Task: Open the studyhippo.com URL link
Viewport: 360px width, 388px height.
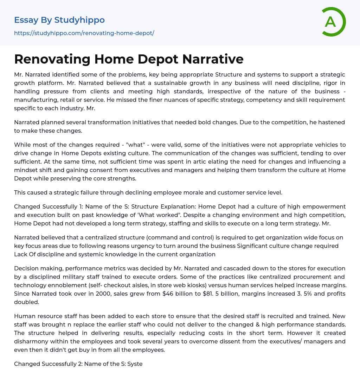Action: [x=84, y=33]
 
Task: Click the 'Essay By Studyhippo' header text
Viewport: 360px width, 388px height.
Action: [x=59, y=20]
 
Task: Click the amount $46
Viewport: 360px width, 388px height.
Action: [x=169, y=294]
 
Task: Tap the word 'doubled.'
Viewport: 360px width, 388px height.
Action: [x=26, y=302]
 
